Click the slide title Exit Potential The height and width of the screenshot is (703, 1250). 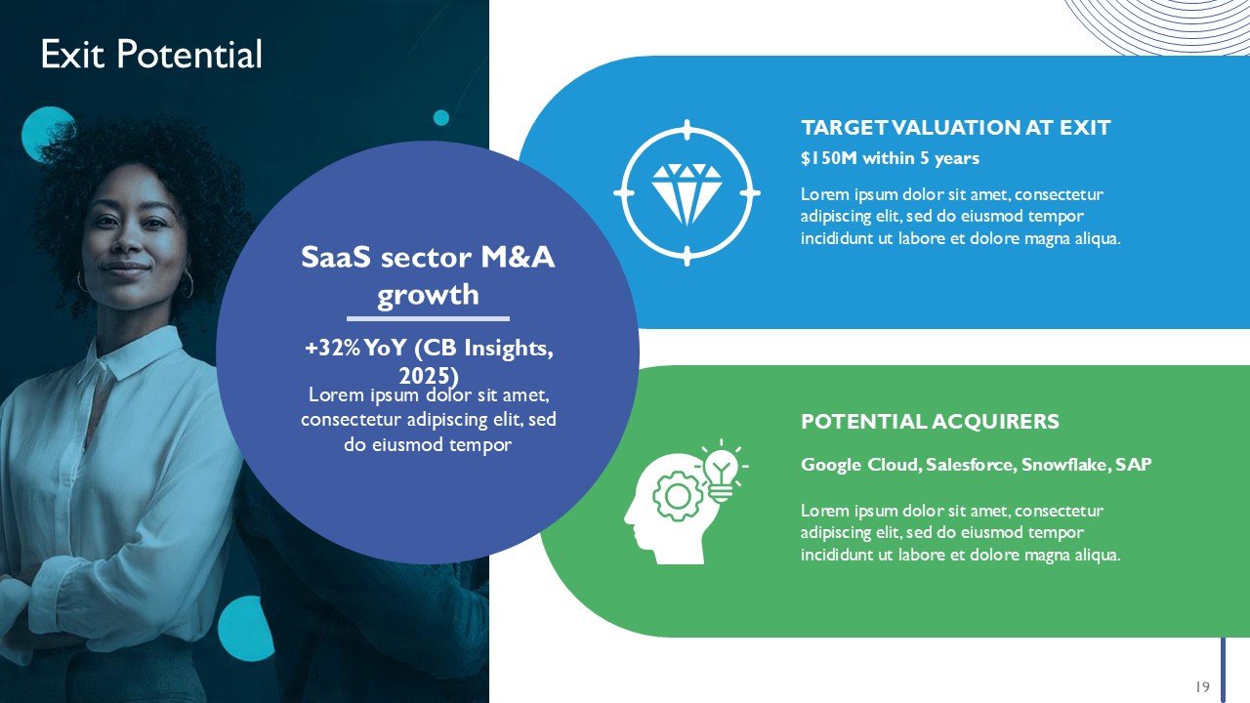[151, 54]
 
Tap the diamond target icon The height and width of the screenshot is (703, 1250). [687, 193]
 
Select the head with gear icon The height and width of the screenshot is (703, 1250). [686, 502]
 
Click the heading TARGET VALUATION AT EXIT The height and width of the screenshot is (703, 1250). [955, 128]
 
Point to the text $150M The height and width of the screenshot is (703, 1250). [829, 158]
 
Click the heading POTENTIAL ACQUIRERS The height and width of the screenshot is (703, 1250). [930, 421]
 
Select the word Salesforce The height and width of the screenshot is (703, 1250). [971, 464]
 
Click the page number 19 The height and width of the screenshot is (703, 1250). [1202, 686]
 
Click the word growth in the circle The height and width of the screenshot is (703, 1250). [428, 295]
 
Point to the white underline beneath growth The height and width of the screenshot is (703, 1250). [428, 318]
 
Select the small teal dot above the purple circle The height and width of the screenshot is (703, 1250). [440, 118]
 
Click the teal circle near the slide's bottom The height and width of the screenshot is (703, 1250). [245, 629]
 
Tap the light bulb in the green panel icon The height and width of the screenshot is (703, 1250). [721, 474]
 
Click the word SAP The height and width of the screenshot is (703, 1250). [1134, 464]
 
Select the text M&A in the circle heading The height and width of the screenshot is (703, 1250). [518, 257]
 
